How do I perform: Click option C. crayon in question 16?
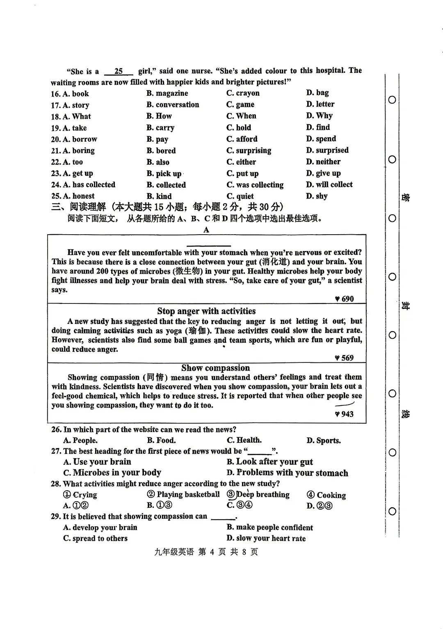click(243, 93)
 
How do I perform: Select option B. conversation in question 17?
click(173, 105)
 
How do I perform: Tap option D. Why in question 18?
click(319, 116)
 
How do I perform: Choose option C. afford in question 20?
click(242, 139)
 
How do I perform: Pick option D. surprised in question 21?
click(327, 150)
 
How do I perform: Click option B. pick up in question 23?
click(164, 174)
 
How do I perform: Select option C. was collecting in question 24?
click(255, 185)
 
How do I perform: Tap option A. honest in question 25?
click(73, 196)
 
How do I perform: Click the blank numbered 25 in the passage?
click(119, 71)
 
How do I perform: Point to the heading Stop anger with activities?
click(206, 311)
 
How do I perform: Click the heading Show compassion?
click(215, 368)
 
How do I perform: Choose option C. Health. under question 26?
click(244, 440)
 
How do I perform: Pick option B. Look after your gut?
click(269, 462)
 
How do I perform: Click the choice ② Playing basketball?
click(183, 495)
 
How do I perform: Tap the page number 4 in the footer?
click(212, 552)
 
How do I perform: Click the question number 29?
click(56, 516)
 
